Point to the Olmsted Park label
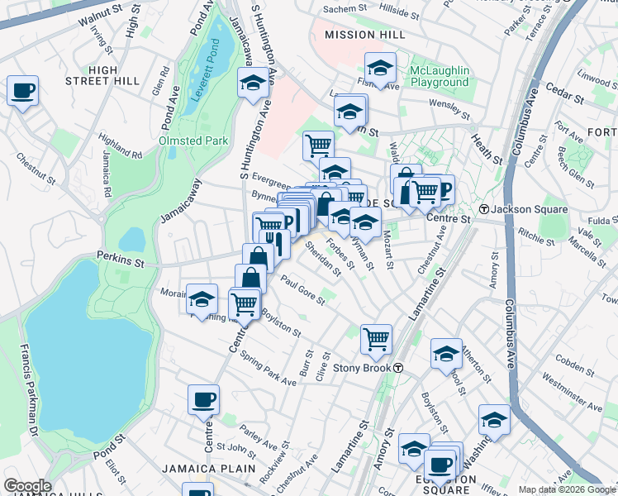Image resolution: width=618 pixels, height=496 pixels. click(193, 141)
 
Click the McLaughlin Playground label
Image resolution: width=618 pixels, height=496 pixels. click(428, 76)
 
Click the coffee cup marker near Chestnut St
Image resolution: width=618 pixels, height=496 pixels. click(22, 90)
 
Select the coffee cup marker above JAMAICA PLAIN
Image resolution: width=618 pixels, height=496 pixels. click(203, 400)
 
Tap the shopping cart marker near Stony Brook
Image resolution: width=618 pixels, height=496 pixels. click(376, 337)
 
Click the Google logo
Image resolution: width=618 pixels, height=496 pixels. click(27, 485)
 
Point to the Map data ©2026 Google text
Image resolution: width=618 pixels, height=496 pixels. click(566, 489)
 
